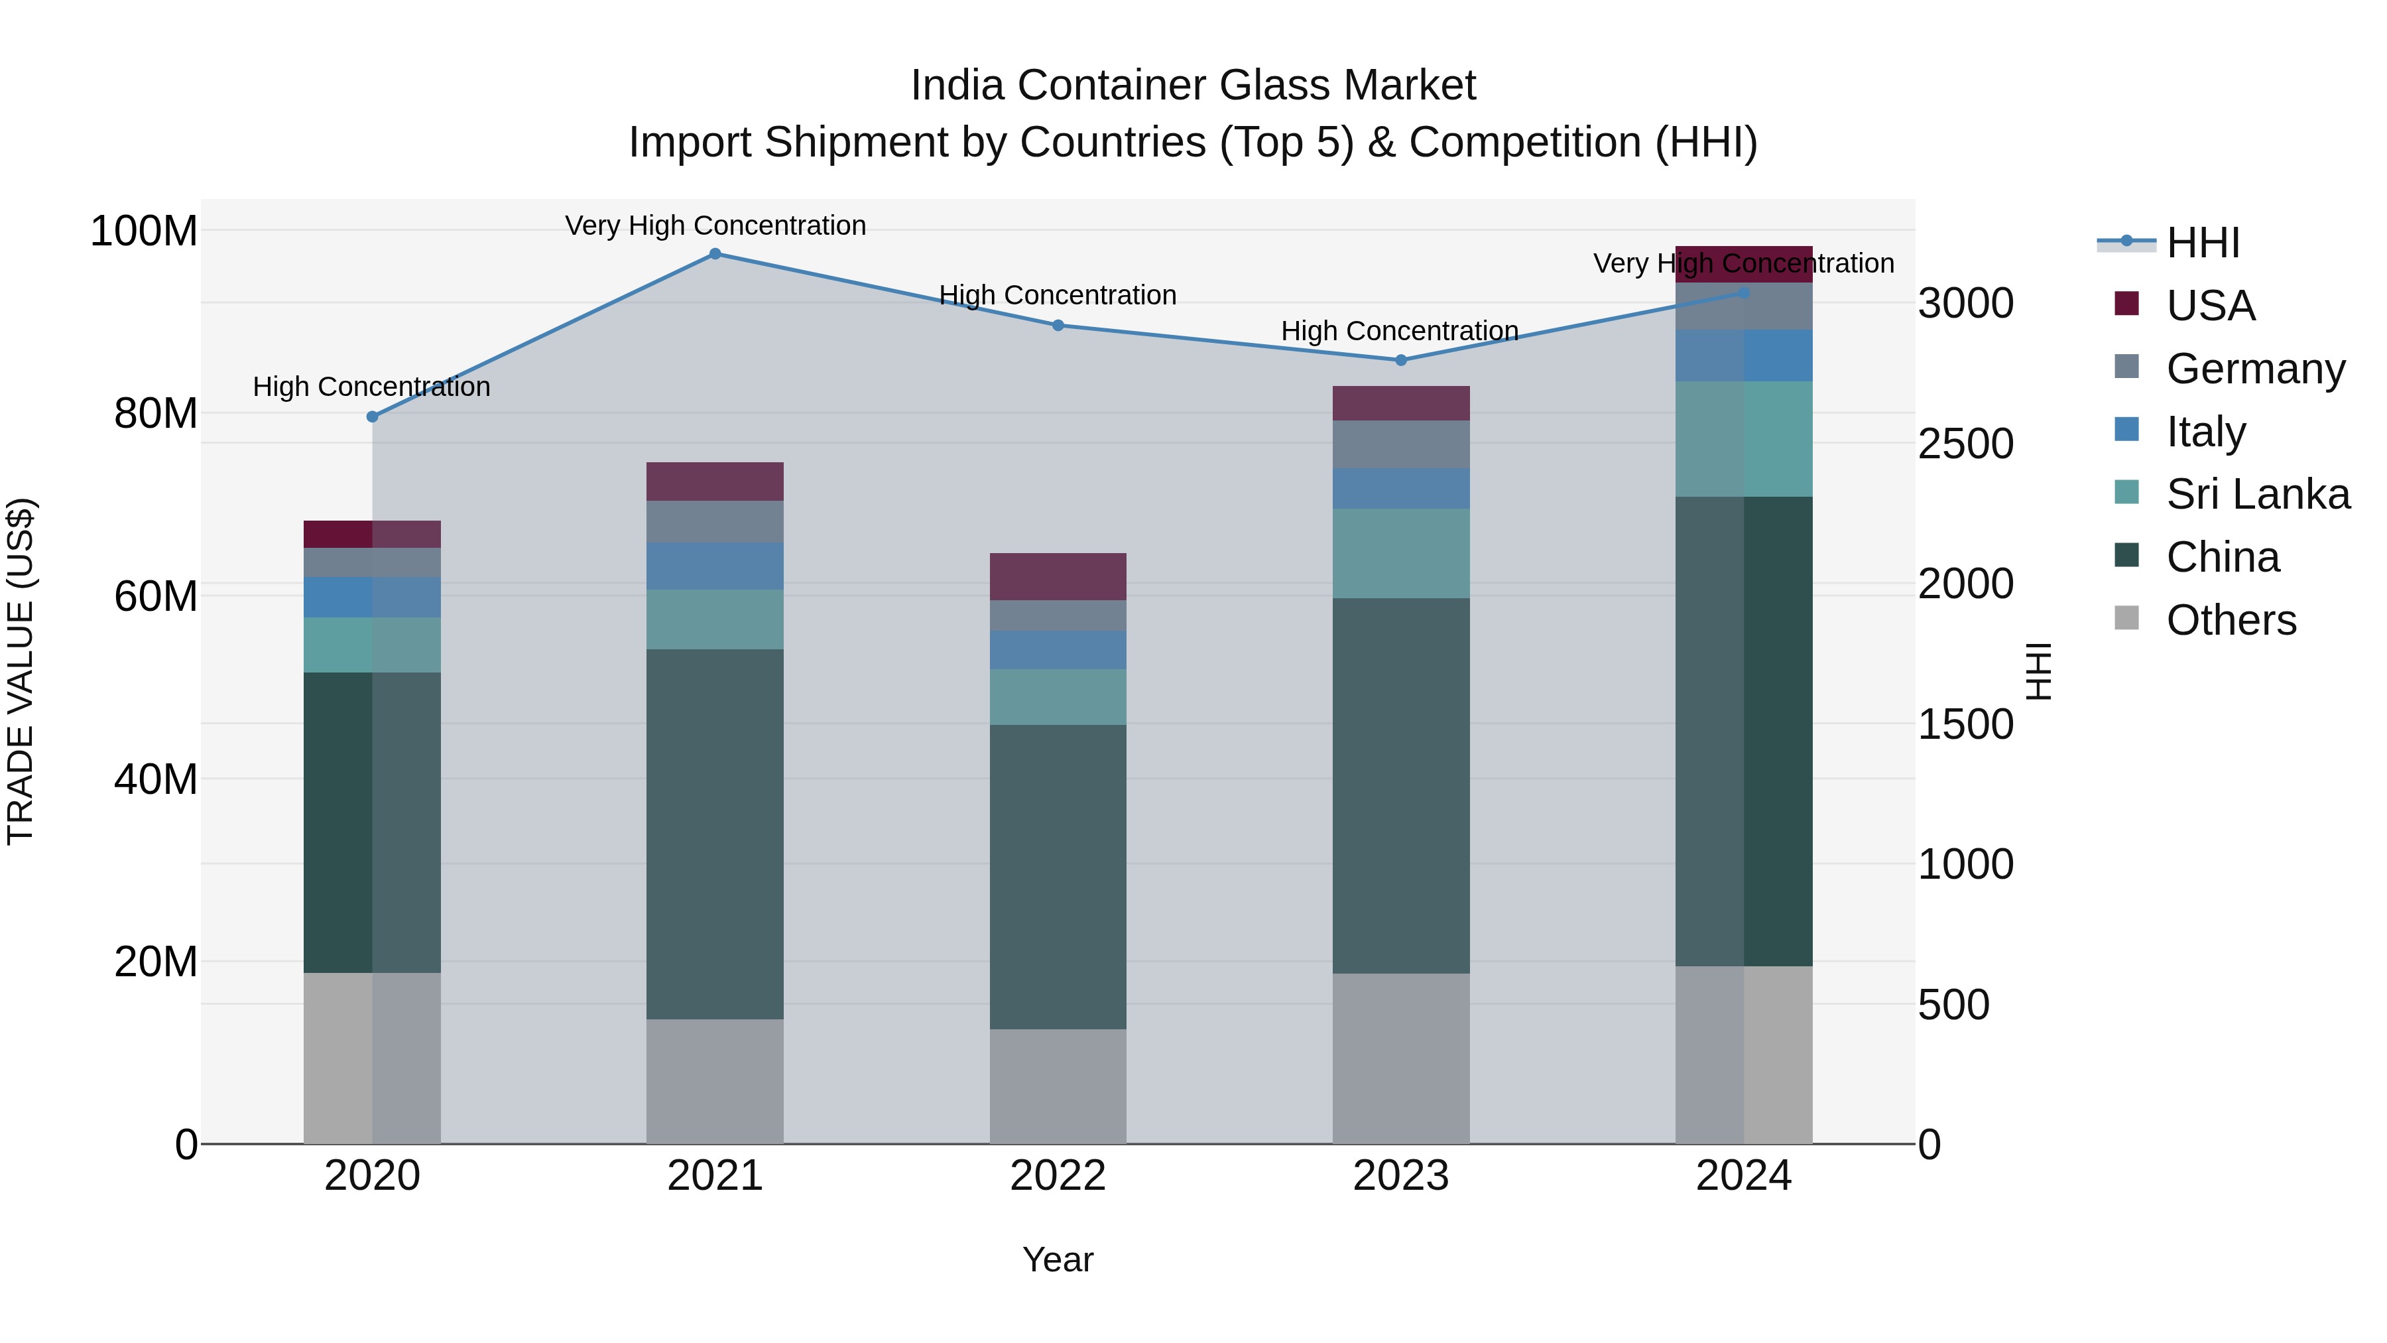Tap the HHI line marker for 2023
(1400, 361)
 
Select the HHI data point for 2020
(373, 417)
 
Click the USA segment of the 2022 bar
(1058, 576)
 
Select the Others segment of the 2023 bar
(1400, 1058)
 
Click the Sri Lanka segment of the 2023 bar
(1400, 553)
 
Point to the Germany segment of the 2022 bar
(1058, 615)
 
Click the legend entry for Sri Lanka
(2257, 494)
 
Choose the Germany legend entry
(2256, 369)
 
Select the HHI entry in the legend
(2203, 243)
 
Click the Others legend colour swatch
(2126, 618)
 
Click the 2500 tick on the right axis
(1965, 444)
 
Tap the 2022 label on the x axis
(1058, 1176)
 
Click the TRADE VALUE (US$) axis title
(21, 671)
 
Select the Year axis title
(1058, 1259)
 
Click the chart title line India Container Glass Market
(1193, 86)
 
